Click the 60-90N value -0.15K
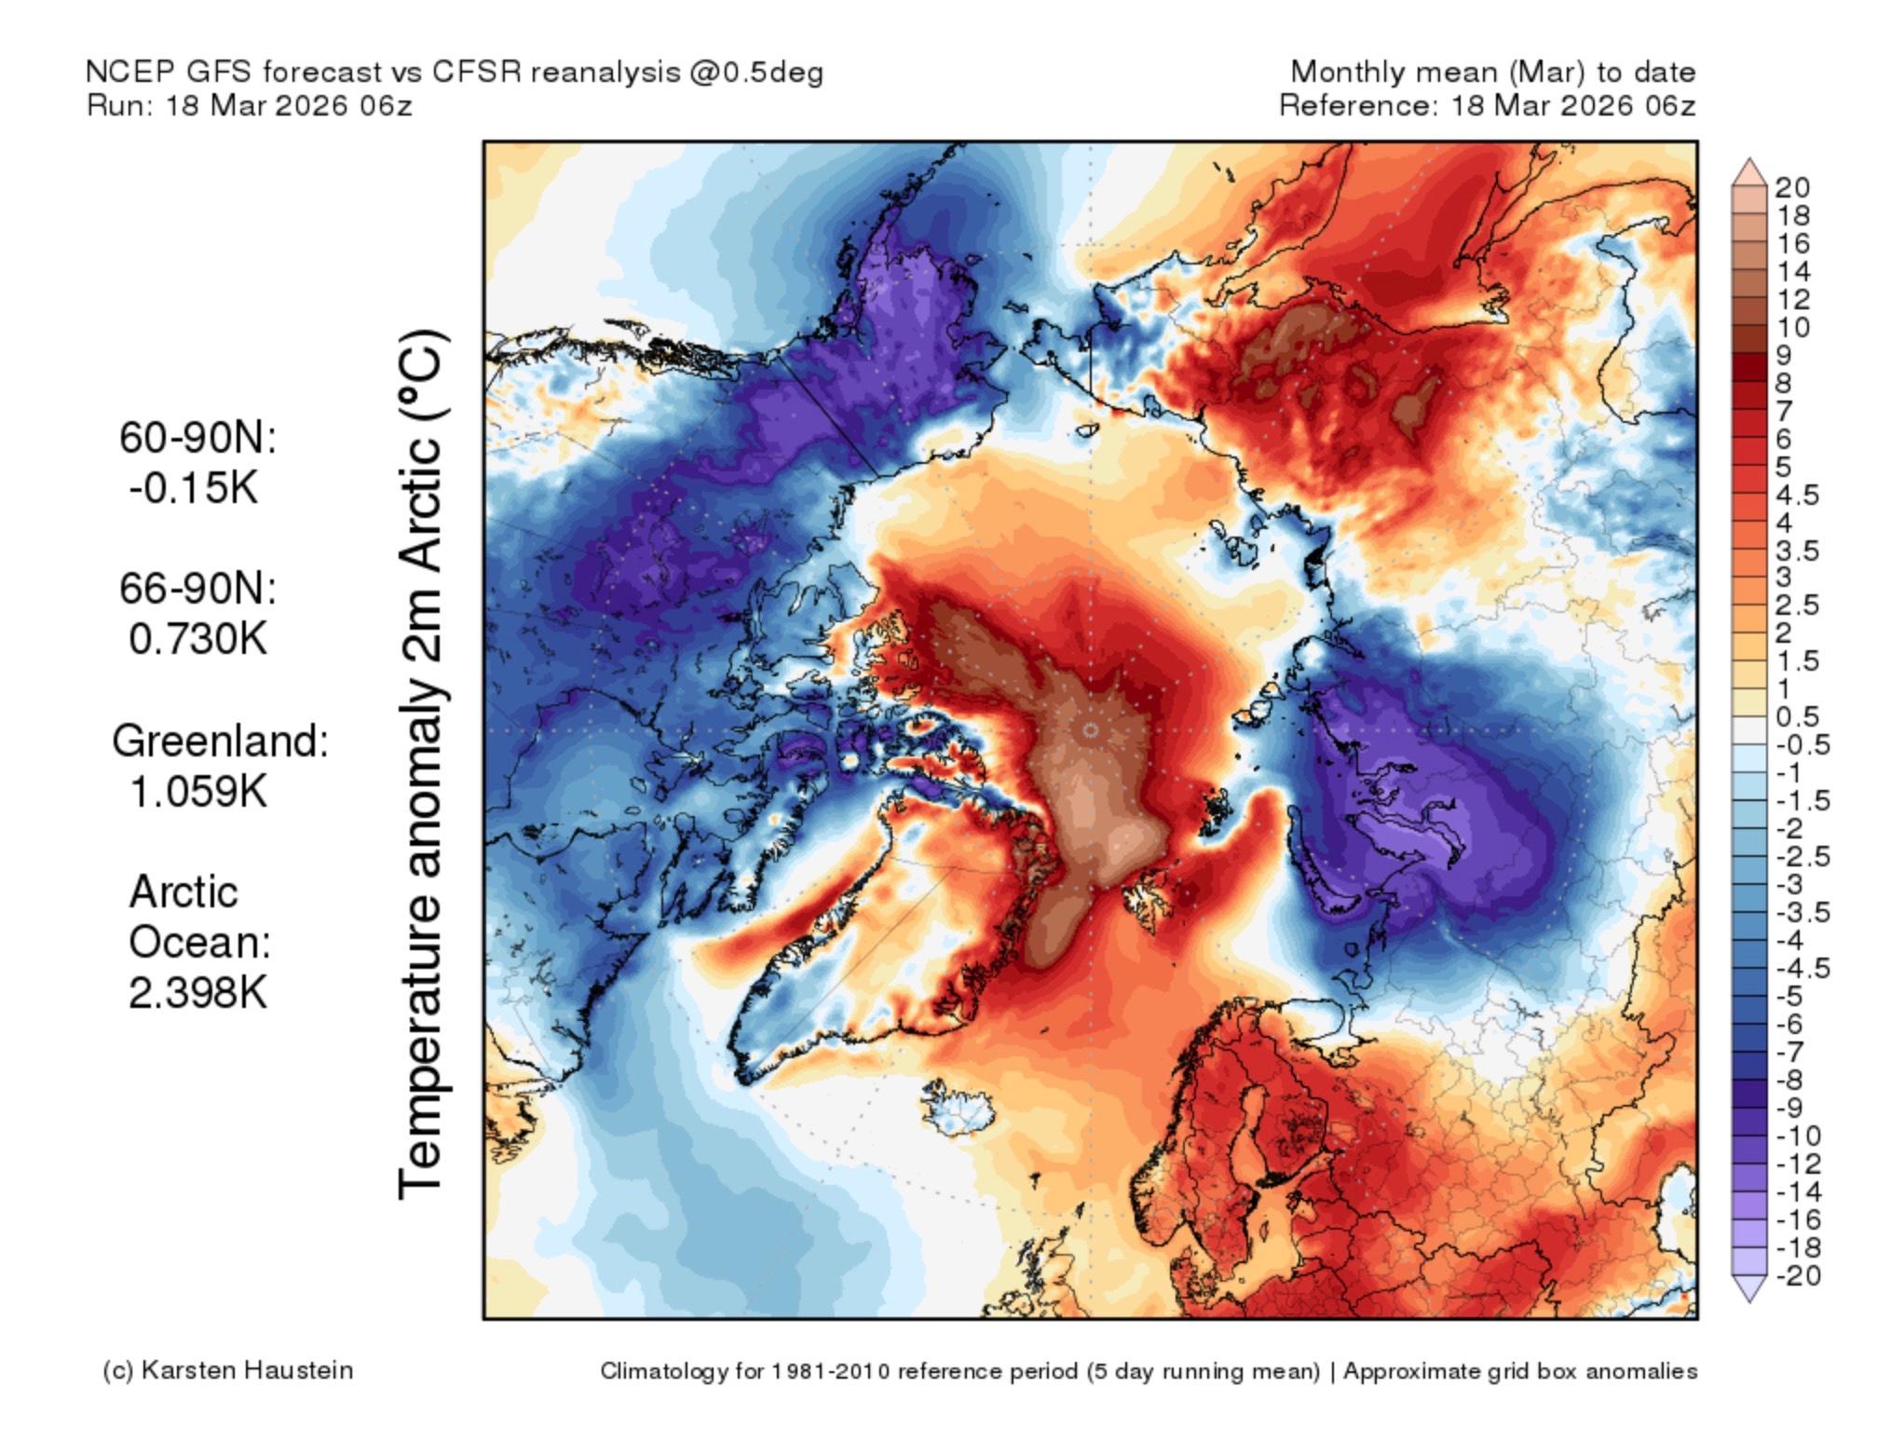(194, 487)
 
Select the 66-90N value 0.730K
(198, 639)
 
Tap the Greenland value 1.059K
(198, 792)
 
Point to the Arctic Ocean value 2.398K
(198, 993)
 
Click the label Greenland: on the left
(220, 742)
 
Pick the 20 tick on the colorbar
(1791, 188)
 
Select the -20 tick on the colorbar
(1798, 1275)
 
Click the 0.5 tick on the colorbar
(1797, 716)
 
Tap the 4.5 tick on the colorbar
(1797, 494)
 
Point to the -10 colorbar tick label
(1798, 1136)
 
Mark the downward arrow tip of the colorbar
(1750, 1300)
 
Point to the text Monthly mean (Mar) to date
(1492, 72)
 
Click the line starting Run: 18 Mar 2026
(250, 105)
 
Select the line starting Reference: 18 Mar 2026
(1487, 105)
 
